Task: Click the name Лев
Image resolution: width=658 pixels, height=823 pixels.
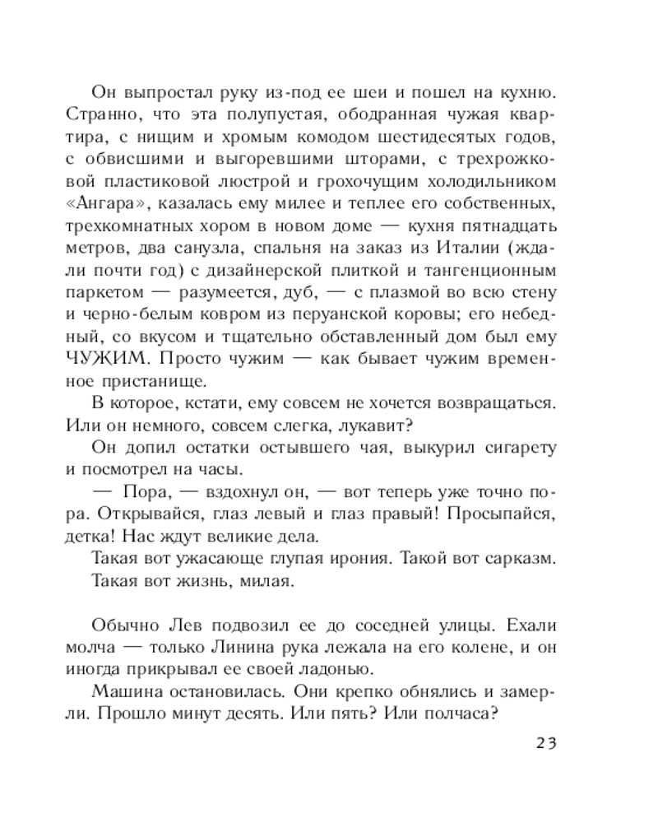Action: (x=218, y=625)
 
